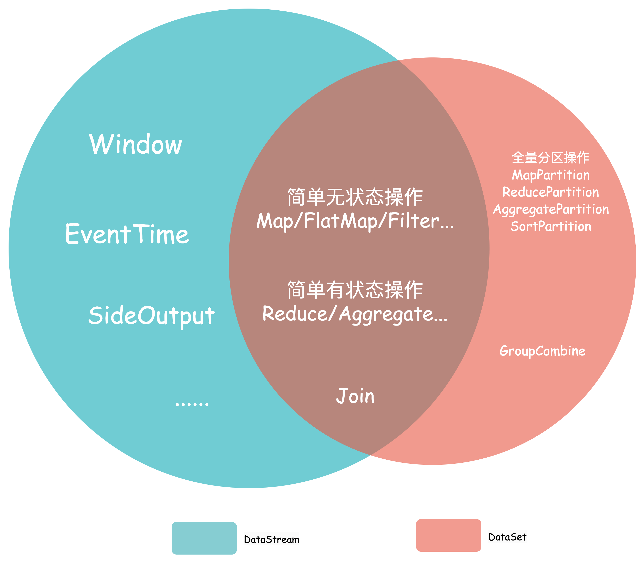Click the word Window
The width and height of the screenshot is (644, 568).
(x=136, y=144)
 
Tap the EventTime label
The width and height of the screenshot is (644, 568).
(x=127, y=234)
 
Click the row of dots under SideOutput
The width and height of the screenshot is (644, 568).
(x=192, y=404)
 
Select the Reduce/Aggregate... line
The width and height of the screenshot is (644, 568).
(x=355, y=314)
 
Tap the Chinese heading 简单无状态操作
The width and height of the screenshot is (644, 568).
(x=355, y=197)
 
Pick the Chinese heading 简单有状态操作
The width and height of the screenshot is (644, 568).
(x=355, y=290)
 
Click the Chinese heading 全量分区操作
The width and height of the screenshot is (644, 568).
(x=550, y=157)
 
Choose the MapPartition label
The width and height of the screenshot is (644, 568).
(x=550, y=175)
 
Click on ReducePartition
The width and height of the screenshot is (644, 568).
(x=550, y=192)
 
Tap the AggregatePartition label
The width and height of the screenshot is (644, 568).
(x=551, y=209)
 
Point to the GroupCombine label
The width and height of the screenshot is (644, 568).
(x=542, y=351)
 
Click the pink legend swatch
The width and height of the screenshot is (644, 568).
(x=448, y=535)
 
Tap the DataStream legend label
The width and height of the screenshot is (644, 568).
(x=271, y=539)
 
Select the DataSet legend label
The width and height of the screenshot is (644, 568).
(x=507, y=536)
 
